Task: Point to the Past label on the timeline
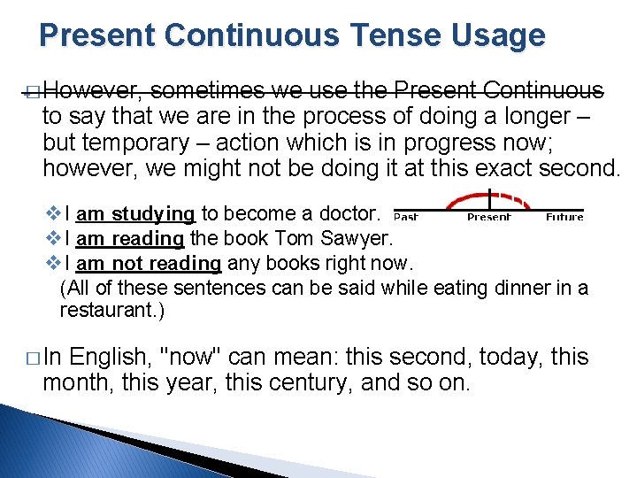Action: click(x=406, y=217)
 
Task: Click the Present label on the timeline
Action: click(x=489, y=217)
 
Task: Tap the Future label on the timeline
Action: click(x=564, y=217)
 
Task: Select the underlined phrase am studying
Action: click(x=141, y=213)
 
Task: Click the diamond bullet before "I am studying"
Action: click(x=51, y=214)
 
